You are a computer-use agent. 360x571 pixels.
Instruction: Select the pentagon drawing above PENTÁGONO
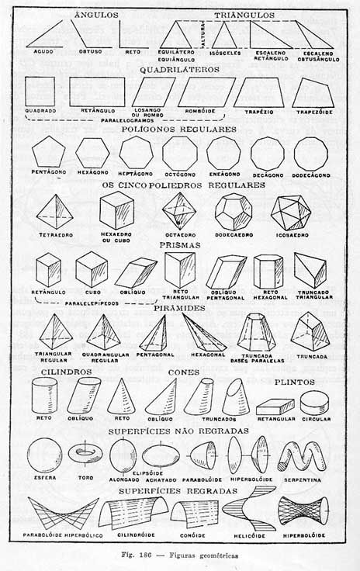click(x=48, y=154)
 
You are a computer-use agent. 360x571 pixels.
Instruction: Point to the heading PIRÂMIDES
click(x=179, y=308)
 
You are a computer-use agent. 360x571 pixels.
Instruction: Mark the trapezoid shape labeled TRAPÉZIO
click(x=261, y=92)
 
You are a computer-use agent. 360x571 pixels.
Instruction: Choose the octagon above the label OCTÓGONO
click(x=180, y=153)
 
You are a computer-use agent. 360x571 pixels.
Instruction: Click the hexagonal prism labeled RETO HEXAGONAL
click(x=268, y=271)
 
